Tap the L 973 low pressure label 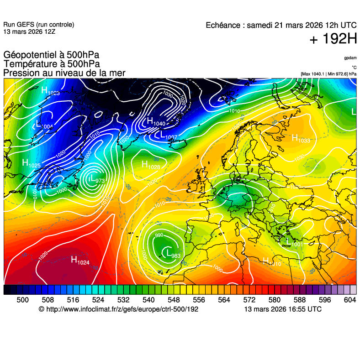[96, 180]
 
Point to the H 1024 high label [80, 261]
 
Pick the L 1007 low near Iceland [168, 136]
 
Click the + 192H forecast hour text [333, 39]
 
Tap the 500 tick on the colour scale [22, 300]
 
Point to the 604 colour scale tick [350, 300]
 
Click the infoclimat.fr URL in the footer [119, 309]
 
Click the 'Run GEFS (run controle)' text [39, 25]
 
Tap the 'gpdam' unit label [350, 58]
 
